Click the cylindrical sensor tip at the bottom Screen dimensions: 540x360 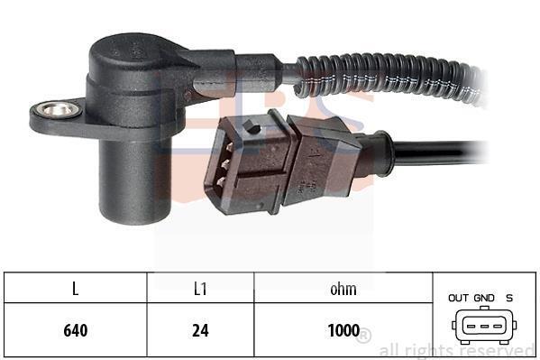135,181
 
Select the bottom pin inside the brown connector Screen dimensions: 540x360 221,181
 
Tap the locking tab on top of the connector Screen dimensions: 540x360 252,126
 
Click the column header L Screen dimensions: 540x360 76,289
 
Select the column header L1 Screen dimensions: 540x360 200,289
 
